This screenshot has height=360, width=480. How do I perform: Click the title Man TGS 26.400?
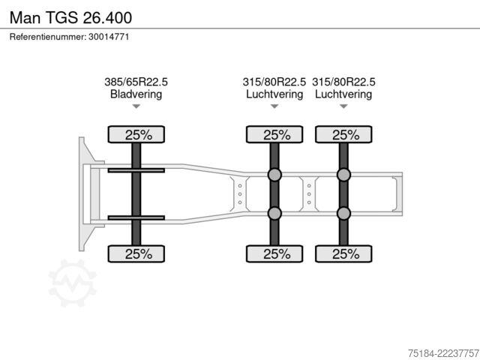click(70, 17)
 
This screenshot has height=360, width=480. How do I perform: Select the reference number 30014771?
click(109, 37)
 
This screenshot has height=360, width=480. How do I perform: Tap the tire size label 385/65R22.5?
click(136, 82)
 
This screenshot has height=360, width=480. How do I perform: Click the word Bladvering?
click(136, 94)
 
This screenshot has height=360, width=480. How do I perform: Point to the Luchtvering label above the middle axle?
click(274, 94)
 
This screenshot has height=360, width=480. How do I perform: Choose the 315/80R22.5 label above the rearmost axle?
click(343, 82)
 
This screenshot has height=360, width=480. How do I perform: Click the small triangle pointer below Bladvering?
click(136, 106)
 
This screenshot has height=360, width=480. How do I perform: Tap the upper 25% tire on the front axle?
click(136, 134)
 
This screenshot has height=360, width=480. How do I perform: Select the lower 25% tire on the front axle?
click(136, 253)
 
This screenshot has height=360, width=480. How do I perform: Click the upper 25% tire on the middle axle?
click(274, 134)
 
